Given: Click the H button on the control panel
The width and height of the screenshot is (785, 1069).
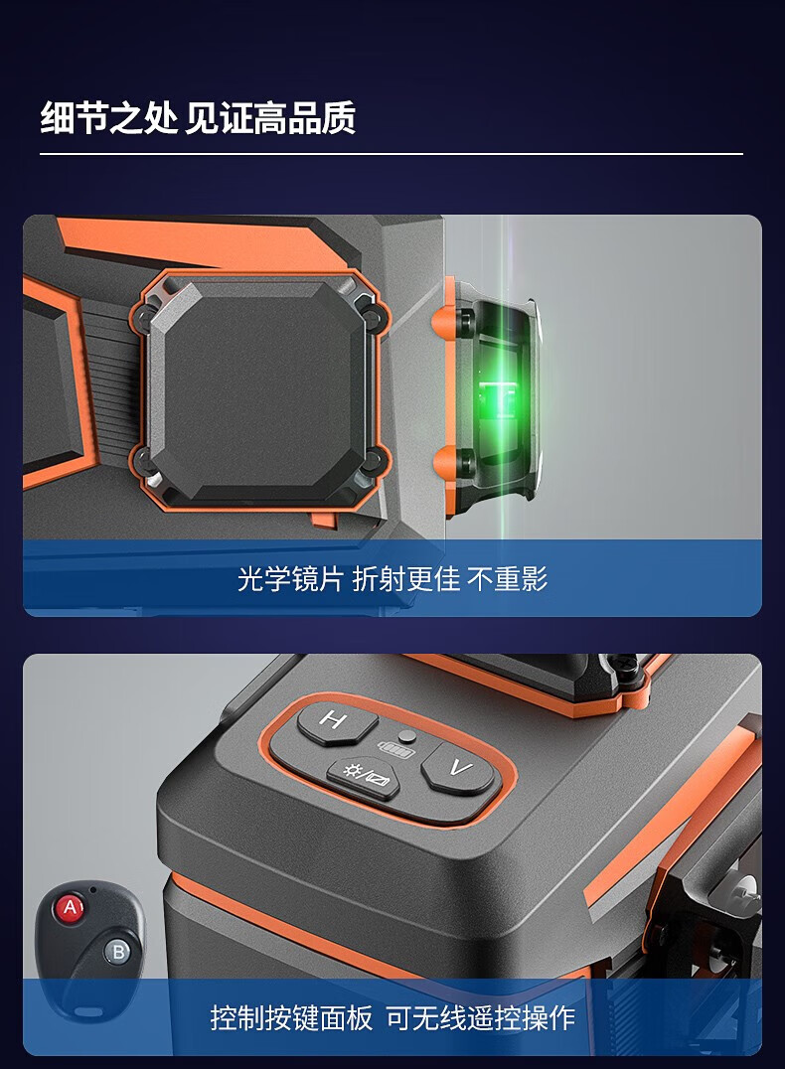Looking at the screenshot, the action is click(x=336, y=722).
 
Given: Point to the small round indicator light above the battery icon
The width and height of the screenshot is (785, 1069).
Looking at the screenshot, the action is click(x=407, y=735).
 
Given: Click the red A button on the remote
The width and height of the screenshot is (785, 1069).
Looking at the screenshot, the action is click(x=71, y=907).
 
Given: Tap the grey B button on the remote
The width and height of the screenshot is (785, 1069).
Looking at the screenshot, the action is click(x=118, y=952).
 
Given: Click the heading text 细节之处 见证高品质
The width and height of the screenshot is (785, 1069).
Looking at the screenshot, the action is click(x=198, y=118).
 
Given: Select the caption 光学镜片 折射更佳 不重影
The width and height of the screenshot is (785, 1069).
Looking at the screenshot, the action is click(x=392, y=579).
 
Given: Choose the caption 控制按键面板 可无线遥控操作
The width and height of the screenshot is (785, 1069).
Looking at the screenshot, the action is click(x=392, y=1018).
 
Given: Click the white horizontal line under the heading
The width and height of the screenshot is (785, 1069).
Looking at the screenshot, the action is click(x=392, y=154).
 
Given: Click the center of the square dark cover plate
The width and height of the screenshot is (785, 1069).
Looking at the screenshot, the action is click(x=260, y=385).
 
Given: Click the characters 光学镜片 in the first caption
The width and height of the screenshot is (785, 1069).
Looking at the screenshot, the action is click(x=290, y=579).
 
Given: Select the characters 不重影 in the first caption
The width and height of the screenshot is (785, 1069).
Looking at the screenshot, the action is click(x=508, y=579).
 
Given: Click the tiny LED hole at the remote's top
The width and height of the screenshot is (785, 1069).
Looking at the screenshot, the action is click(x=92, y=889).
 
